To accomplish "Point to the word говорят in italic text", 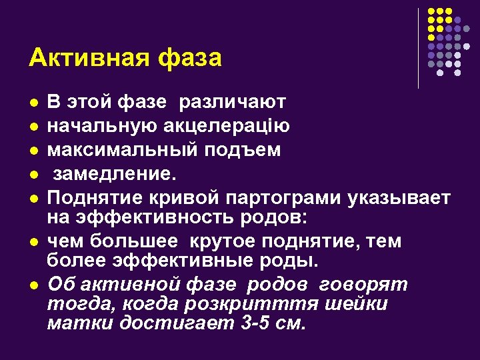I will (x=363, y=284).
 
